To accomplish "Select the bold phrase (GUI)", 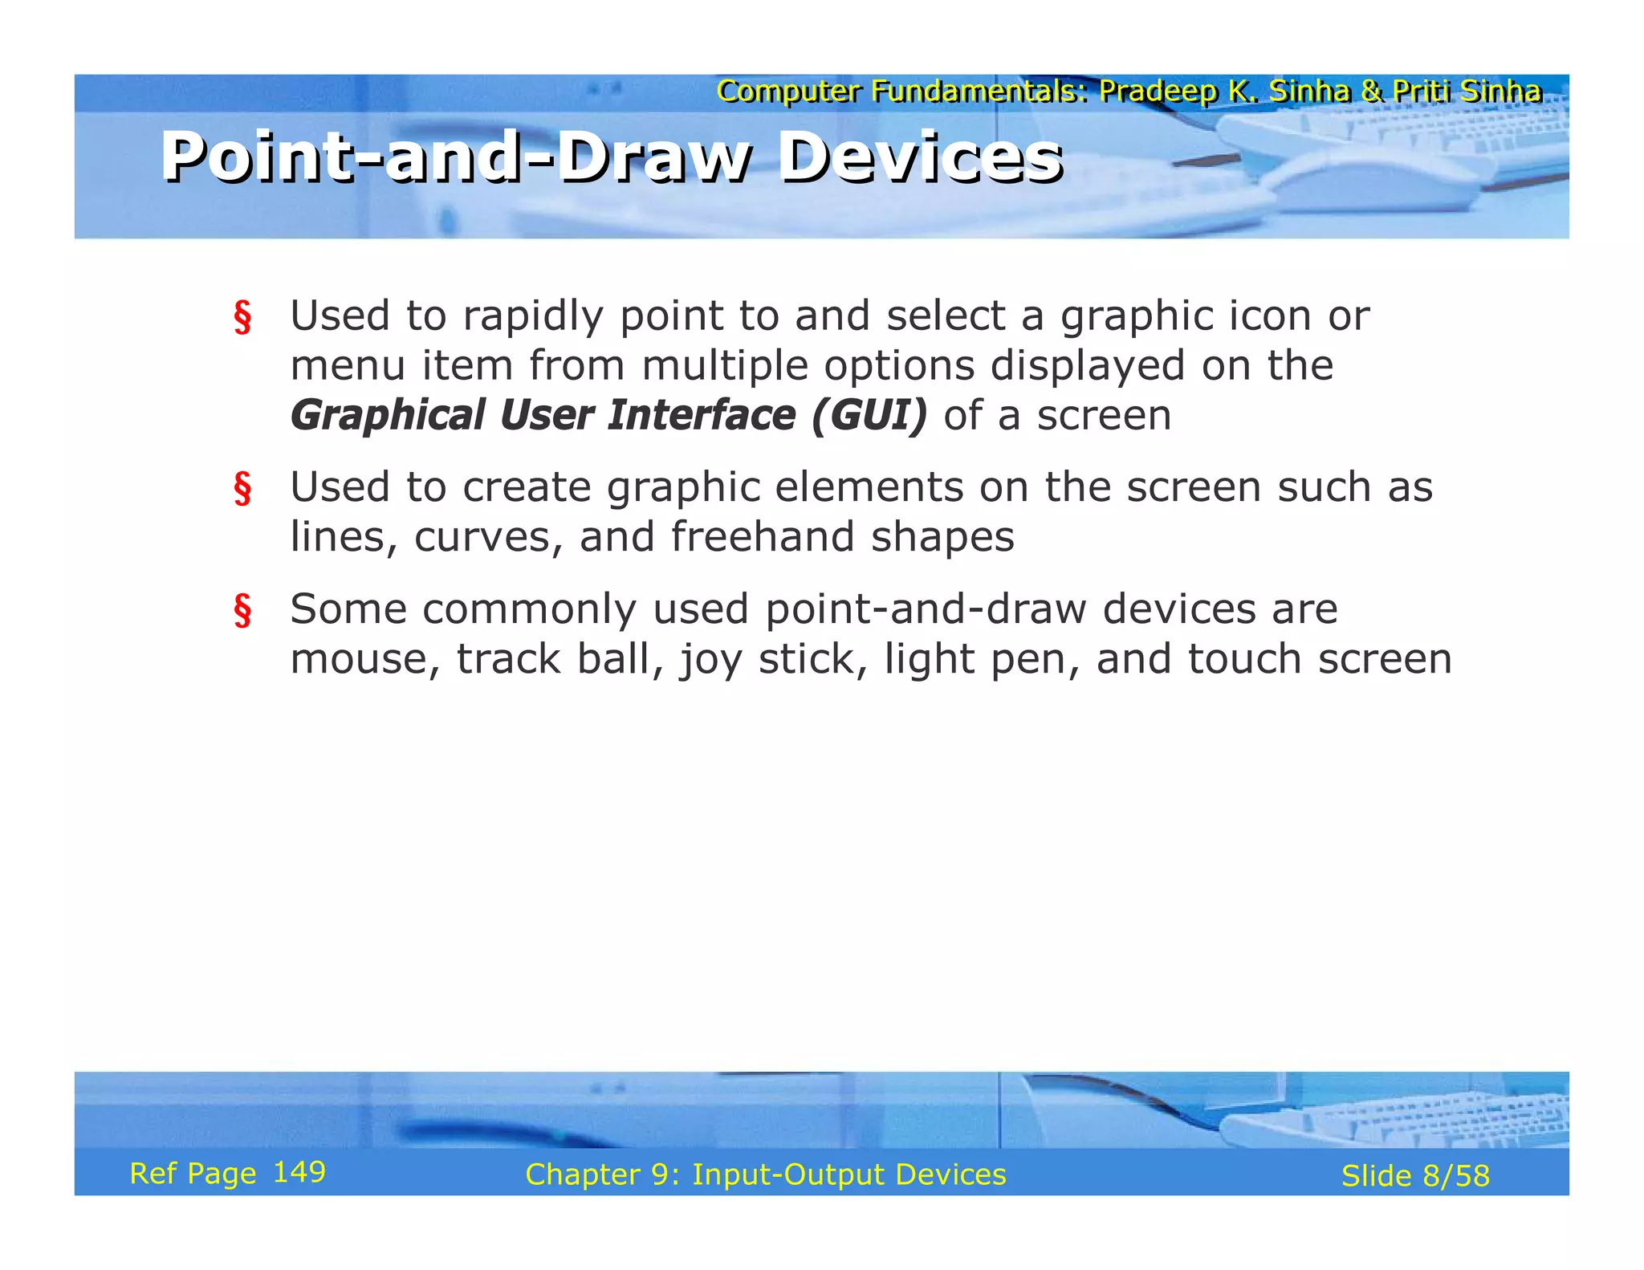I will pos(869,415).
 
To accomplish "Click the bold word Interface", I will pos(702,415).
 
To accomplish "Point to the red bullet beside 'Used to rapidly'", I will pos(242,317).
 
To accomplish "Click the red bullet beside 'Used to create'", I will pos(242,489).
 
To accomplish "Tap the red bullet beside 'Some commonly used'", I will pos(242,611).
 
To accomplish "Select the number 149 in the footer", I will pos(299,1172).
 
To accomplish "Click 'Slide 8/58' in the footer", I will pos(1415,1175).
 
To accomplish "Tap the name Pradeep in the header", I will pos(1158,92).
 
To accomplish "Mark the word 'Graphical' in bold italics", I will pos(388,415).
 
